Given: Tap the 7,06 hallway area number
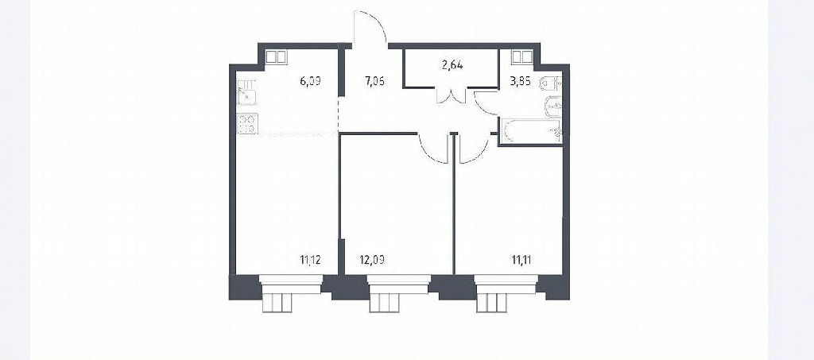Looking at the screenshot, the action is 375,81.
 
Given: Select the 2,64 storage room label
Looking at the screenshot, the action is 452,65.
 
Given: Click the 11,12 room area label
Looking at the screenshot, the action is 310,260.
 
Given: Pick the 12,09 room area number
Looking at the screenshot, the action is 371,260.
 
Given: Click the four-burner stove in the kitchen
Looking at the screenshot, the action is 248,125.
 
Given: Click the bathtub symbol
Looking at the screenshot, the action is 530,130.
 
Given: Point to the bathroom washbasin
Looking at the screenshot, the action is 553,106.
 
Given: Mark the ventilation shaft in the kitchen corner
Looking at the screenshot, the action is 276,56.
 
